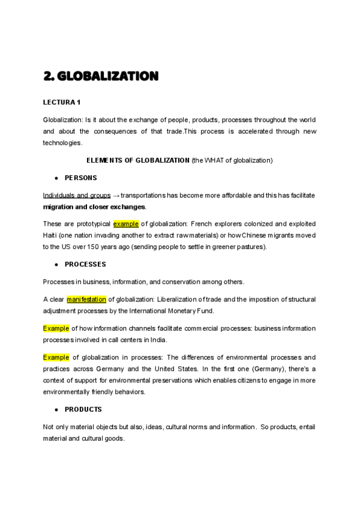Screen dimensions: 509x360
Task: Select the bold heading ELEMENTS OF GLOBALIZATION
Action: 138,160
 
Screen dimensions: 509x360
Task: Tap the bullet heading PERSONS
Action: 80,178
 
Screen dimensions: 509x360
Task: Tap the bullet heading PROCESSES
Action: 85,265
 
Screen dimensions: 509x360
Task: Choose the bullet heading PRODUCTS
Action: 83,409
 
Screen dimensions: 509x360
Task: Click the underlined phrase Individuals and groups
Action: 77,196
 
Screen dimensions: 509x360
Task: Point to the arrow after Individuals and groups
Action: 116,196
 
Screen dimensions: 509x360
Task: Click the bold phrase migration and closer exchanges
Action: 94,206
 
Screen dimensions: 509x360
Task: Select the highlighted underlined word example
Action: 126,224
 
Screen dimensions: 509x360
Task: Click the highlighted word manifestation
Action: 86,300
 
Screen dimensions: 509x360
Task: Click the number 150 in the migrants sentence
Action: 94,246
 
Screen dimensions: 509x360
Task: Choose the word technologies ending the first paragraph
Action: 62,143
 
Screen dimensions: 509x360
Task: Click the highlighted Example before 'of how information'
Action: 56,328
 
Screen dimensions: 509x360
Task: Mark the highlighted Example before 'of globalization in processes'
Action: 56,357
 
